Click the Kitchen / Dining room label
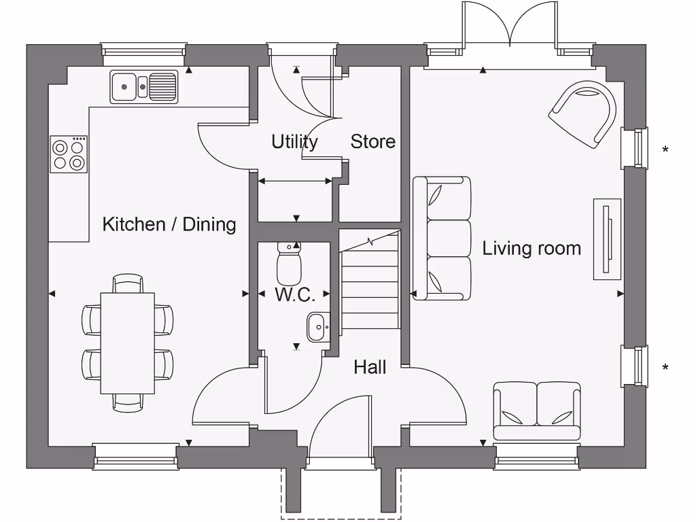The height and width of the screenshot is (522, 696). click(169, 224)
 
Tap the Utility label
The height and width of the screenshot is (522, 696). click(294, 141)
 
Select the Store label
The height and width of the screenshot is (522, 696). click(372, 141)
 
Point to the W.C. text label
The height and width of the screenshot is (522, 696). click(294, 295)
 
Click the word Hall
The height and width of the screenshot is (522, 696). click(370, 368)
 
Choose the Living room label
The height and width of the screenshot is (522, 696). click(532, 248)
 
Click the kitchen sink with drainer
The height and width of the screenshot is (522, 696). click(144, 86)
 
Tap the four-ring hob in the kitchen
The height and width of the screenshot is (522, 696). click(69, 154)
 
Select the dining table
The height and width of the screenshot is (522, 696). click(128, 343)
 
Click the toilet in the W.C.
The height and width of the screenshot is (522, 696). click(289, 264)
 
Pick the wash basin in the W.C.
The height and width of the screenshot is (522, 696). click(317, 327)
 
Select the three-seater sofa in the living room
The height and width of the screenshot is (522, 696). click(442, 238)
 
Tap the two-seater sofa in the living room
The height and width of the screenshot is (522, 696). click(537, 411)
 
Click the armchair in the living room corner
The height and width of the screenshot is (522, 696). click(585, 114)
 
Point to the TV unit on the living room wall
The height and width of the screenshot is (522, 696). click(608, 239)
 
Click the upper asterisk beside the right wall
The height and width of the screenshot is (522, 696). click(665, 149)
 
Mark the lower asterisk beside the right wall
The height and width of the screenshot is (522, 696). click(665, 368)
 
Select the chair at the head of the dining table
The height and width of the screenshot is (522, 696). click(128, 282)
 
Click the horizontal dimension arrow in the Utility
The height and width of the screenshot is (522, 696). click(295, 181)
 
